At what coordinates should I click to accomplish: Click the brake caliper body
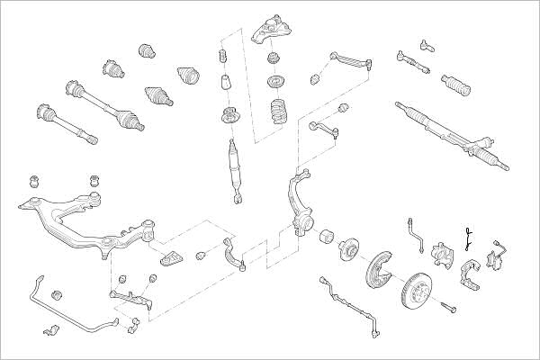(443, 255)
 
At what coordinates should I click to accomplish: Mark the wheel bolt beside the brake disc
(447, 309)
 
